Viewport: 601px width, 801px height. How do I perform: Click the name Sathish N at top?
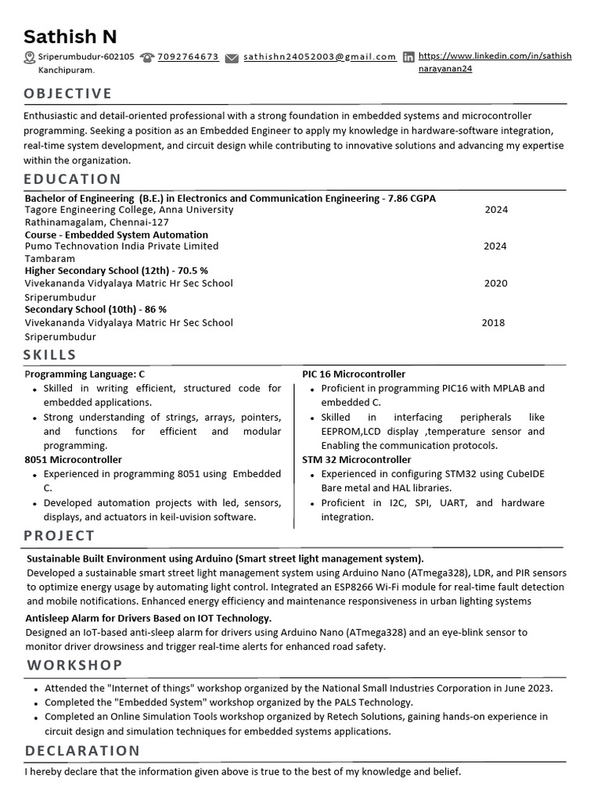point(70,36)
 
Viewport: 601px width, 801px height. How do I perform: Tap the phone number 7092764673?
point(188,57)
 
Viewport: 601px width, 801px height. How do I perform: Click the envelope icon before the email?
point(232,58)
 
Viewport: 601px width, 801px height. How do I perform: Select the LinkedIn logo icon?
point(408,57)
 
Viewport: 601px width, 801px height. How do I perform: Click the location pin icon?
point(30,57)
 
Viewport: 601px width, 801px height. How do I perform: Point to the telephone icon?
point(146,58)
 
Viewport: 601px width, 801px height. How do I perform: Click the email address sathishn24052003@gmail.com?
point(319,57)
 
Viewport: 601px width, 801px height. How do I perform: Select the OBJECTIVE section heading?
point(68,94)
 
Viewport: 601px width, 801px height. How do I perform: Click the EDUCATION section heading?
point(72,179)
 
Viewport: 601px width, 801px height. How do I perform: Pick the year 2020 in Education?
point(495,283)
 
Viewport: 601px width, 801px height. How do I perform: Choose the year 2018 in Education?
point(493,322)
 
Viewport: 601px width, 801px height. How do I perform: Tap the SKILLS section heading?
point(50,355)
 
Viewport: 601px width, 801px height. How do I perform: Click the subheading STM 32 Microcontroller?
point(356,460)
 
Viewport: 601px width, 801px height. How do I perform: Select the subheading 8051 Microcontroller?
point(74,460)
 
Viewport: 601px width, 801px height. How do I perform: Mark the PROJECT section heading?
point(59,536)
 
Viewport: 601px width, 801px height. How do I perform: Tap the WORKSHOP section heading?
point(74,665)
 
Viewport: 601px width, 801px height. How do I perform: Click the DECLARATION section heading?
point(82,751)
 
